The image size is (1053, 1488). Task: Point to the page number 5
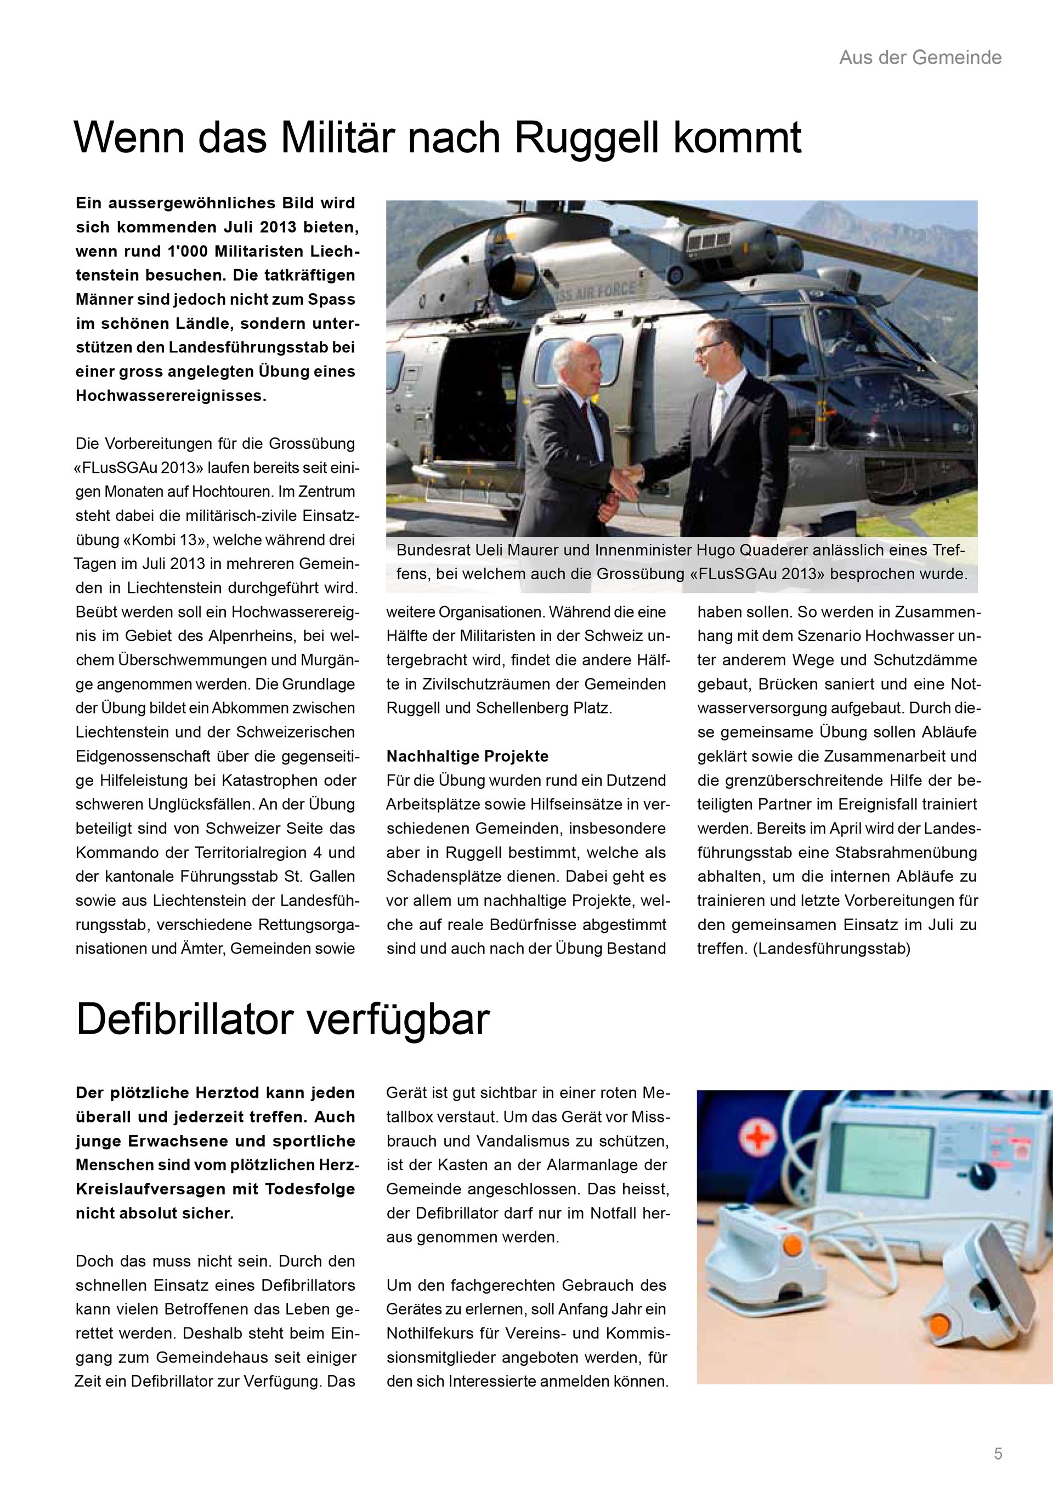pos(998,1453)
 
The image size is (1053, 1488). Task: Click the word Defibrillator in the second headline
pos(185,1020)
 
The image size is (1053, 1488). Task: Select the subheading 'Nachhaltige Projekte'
pos(467,756)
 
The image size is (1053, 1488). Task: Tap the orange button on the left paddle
pos(790,1245)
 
